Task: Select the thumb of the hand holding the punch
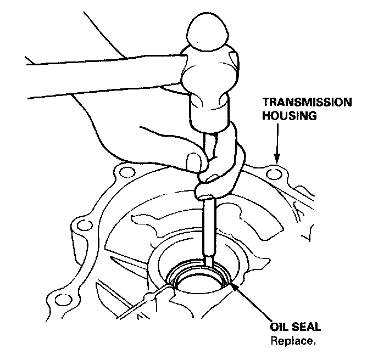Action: pos(193,162)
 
